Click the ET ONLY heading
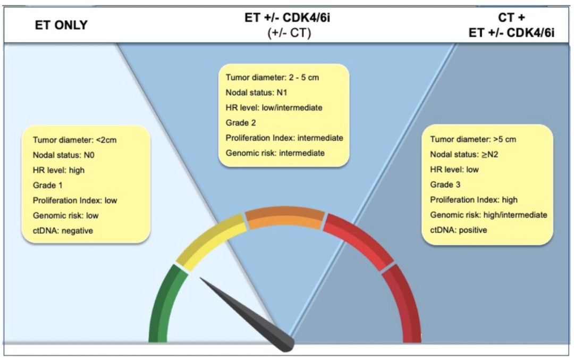pyautogui.click(x=61, y=24)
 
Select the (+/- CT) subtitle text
pyautogui.click(x=289, y=32)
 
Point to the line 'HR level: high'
pyautogui.click(x=58, y=170)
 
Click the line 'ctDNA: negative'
pyautogui.click(x=63, y=231)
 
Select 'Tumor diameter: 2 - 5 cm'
pyautogui.click(x=272, y=78)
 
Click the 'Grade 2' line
pyautogui.click(x=238, y=123)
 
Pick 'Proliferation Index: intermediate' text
pyautogui.click(x=284, y=138)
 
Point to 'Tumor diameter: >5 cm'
pyautogui.click(x=473, y=139)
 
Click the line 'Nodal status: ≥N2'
pyautogui.click(x=463, y=154)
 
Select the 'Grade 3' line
pyautogui.click(x=445, y=185)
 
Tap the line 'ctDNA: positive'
pyautogui.click(x=459, y=230)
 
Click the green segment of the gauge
pyautogui.click(x=162, y=303)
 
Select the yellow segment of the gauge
pyautogui.click(x=210, y=242)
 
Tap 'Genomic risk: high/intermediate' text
pyautogui.click(x=488, y=215)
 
